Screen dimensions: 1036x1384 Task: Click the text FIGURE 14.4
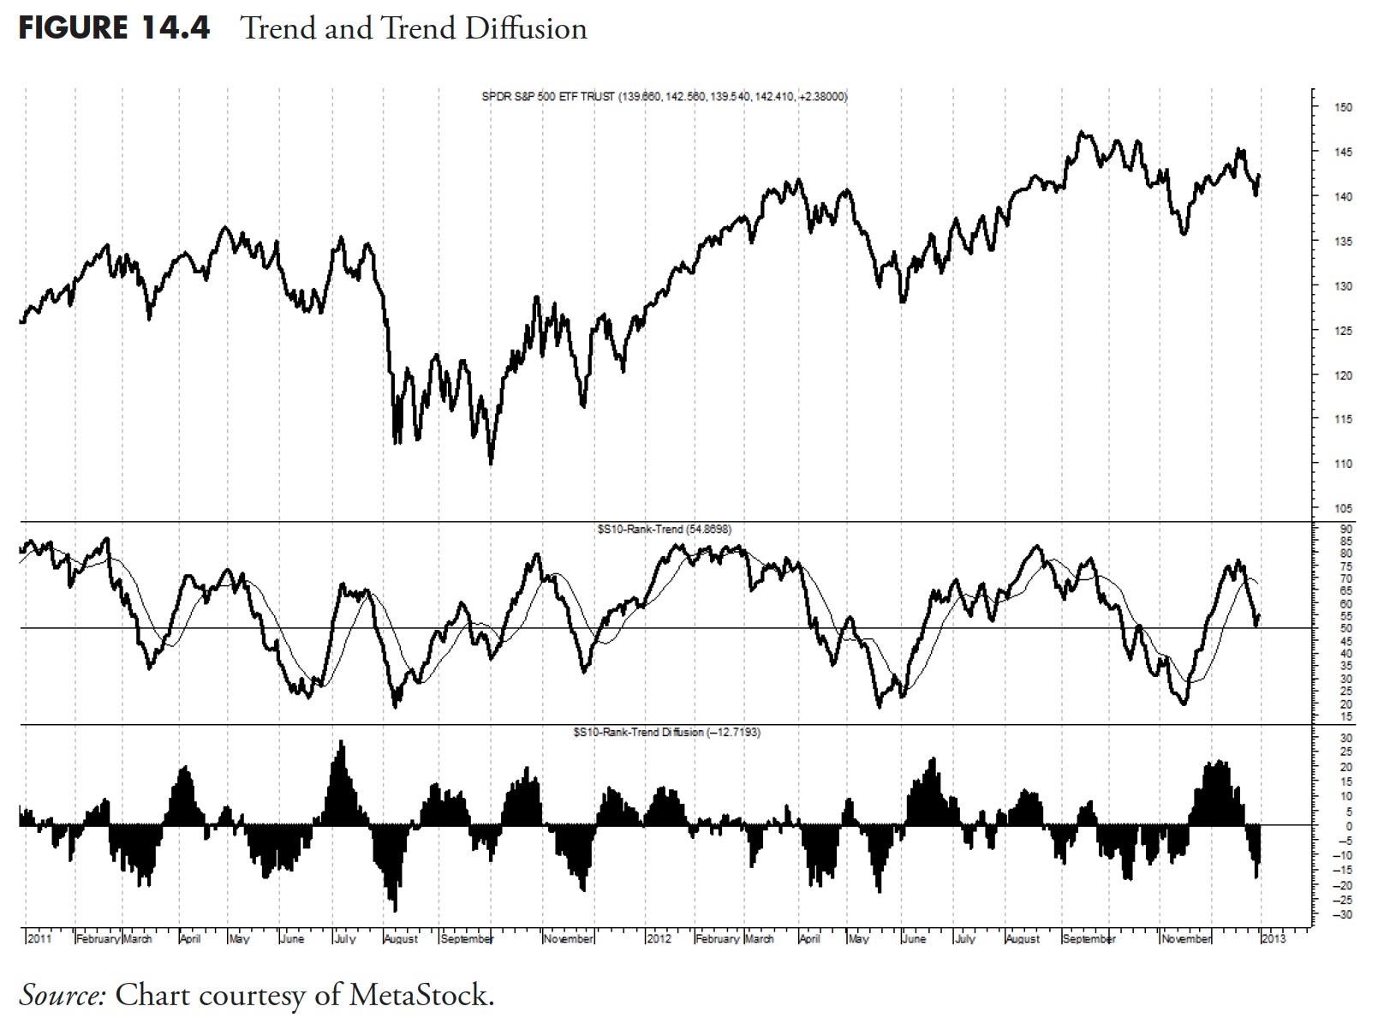pyautogui.click(x=114, y=28)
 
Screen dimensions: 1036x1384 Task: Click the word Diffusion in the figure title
pyautogui.click(x=527, y=28)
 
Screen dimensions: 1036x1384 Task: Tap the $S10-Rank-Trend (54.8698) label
pyautogui.click(x=665, y=530)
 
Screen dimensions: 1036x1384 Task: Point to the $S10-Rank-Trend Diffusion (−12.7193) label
pyautogui.click(x=666, y=733)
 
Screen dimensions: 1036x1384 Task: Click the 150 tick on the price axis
pyautogui.click(x=1343, y=108)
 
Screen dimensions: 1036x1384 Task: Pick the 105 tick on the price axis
pyautogui.click(x=1343, y=509)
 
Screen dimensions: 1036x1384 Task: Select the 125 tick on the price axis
pyautogui.click(x=1343, y=331)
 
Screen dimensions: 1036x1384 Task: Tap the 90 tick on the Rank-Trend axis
pyautogui.click(x=1346, y=529)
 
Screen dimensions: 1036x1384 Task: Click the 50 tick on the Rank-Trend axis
pyautogui.click(x=1346, y=628)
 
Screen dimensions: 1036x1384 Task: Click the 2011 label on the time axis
pyautogui.click(x=40, y=939)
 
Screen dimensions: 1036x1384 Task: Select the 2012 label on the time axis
pyautogui.click(x=659, y=939)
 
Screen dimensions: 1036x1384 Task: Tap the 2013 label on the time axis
pyautogui.click(x=1274, y=939)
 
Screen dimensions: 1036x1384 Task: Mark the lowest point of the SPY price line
pyautogui.click(x=491, y=464)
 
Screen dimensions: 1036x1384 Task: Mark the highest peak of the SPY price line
pyautogui.click(x=1083, y=132)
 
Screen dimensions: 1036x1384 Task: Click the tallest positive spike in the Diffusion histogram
pyautogui.click(x=343, y=742)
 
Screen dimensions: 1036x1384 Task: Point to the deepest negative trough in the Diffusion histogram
pyautogui.click(x=395, y=910)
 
